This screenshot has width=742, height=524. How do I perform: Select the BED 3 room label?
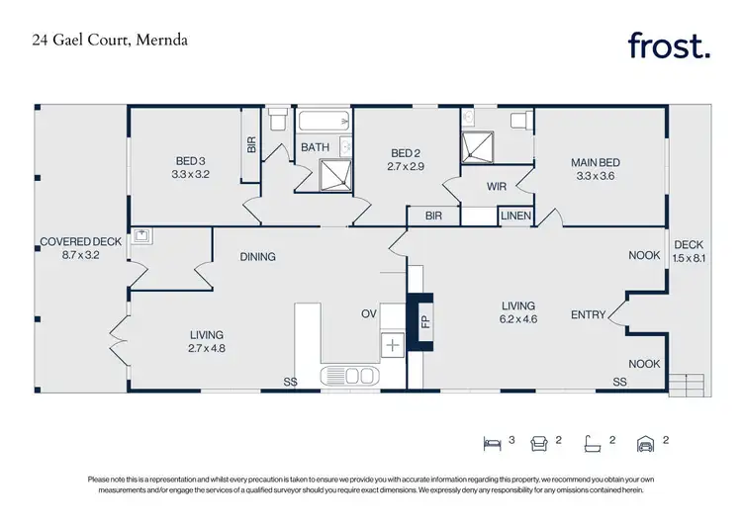point(192,161)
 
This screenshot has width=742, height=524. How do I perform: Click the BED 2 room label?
point(407,153)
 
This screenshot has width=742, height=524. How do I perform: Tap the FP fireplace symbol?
point(425,320)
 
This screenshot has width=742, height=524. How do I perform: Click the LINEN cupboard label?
point(515,216)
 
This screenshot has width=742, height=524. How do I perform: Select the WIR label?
point(497,186)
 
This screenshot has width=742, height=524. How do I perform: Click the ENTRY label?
point(589,315)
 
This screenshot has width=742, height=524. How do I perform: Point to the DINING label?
point(257,257)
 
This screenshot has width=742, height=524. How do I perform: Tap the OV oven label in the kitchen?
point(368,314)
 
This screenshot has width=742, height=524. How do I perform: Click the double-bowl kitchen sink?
point(348,376)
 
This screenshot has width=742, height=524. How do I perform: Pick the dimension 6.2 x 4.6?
point(517,320)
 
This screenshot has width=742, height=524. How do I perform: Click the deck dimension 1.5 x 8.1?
point(689,258)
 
